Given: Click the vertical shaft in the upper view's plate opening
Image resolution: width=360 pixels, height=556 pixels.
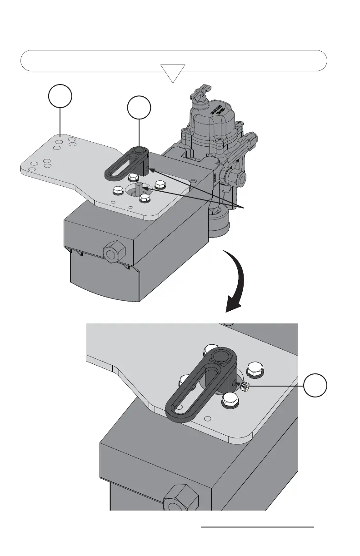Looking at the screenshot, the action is coord(141,189).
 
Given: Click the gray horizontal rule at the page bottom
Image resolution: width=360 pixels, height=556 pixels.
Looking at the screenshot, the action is coord(257,527).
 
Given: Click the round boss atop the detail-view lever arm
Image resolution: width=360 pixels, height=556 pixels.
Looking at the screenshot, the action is coord(224,357).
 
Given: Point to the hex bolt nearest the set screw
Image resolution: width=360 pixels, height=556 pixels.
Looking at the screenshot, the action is coord(254,369).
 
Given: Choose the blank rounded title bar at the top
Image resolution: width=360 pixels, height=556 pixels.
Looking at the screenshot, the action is coord(174,60).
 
